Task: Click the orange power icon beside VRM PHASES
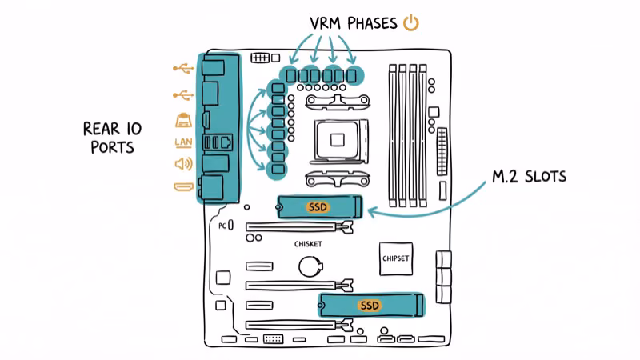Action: [410, 22]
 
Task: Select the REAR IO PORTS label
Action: [111, 138]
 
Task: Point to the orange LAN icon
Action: [183, 143]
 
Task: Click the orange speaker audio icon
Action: [183, 165]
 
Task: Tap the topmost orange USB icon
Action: [183, 69]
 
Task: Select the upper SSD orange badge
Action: [318, 206]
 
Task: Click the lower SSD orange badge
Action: [370, 306]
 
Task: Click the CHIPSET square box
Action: [397, 258]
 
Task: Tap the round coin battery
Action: [310, 266]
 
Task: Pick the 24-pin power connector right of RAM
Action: [442, 152]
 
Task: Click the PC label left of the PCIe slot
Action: [223, 226]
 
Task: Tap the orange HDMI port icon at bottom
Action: [183, 187]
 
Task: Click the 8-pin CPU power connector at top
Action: [259, 58]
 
